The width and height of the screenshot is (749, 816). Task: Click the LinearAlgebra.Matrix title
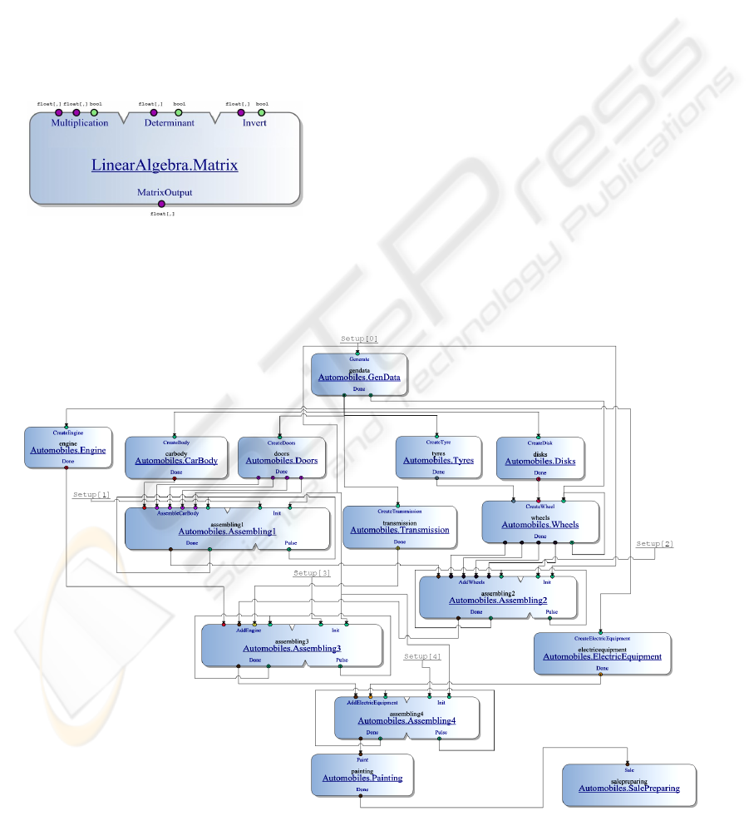(165, 166)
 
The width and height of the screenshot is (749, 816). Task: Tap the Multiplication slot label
(80, 123)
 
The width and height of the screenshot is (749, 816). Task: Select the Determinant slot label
(170, 123)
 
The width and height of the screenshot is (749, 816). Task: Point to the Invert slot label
(254, 123)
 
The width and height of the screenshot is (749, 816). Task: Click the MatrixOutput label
(165, 192)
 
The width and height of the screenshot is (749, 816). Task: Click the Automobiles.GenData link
(359, 377)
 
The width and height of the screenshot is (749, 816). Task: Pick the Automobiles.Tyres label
(438, 460)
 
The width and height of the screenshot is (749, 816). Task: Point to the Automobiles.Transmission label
(400, 530)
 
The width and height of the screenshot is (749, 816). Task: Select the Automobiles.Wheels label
(541, 525)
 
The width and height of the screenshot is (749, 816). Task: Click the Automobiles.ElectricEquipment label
(602, 656)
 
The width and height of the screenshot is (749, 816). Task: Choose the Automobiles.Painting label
(362, 778)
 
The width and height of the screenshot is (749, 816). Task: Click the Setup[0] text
(359, 339)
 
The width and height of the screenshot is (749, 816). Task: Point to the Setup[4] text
(422, 657)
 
